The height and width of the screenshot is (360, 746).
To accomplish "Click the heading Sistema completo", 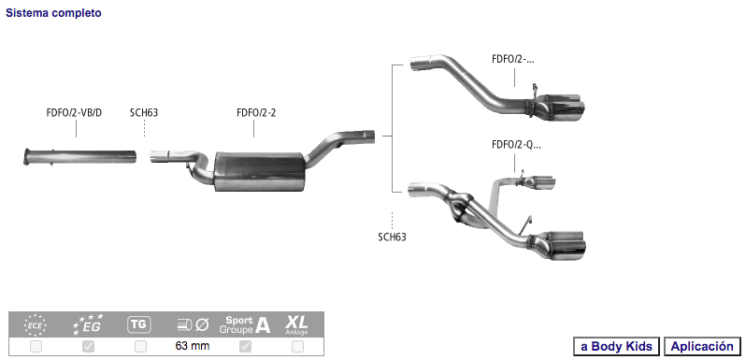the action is tap(53, 13).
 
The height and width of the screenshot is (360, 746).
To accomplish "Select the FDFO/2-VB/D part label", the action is tap(74, 113).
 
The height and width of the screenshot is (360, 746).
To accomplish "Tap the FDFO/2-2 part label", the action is tap(256, 113).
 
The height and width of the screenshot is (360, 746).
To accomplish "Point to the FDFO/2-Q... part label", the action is tap(516, 145).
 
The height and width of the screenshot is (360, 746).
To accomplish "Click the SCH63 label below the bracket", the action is tap(392, 238).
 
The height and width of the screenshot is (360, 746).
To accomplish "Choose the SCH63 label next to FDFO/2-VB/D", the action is tap(144, 113).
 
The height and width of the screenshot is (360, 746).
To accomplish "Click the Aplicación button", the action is tap(702, 346).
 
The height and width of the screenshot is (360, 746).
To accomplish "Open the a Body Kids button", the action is tap(617, 346).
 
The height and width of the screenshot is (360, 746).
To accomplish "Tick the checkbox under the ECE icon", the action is tap(36, 346).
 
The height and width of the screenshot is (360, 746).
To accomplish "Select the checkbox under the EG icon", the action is tap(89, 346).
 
